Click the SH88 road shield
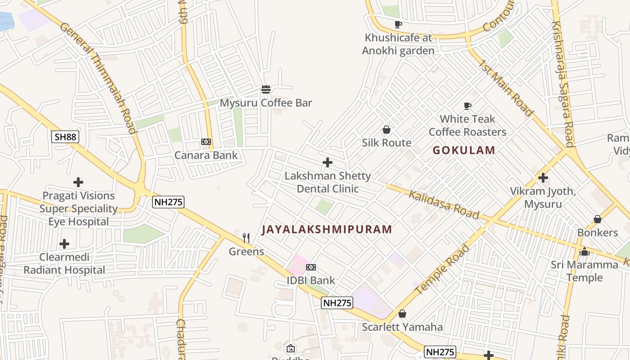pyautogui.click(x=65, y=137)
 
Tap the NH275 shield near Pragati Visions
pyautogui.click(x=169, y=202)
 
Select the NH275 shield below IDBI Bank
pyautogui.click(x=337, y=303)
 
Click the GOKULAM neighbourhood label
pyautogui.click(x=464, y=150)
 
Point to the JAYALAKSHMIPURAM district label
pyautogui.click(x=327, y=229)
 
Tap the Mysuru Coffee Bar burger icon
pyautogui.click(x=266, y=89)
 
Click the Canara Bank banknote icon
pyautogui.click(x=206, y=142)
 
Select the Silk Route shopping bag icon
pyautogui.click(x=386, y=130)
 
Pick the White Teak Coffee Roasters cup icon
pyautogui.click(x=468, y=106)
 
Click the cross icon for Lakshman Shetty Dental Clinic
pyautogui.click(x=328, y=162)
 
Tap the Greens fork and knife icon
pyautogui.click(x=246, y=238)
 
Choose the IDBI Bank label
pyautogui.click(x=311, y=280)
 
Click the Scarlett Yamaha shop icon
pyautogui.click(x=402, y=314)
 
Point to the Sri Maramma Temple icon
pyautogui.click(x=585, y=252)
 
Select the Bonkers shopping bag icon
pyautogui.click(x=598, y=219)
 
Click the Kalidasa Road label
pyautogui.click(x=443, y=204)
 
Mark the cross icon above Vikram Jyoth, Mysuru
pyautogui.click(x=543, y=178)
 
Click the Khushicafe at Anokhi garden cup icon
pyautogui.click(x=398, y=24)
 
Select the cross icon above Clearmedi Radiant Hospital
pyautogui.click(x=64, y=244)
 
